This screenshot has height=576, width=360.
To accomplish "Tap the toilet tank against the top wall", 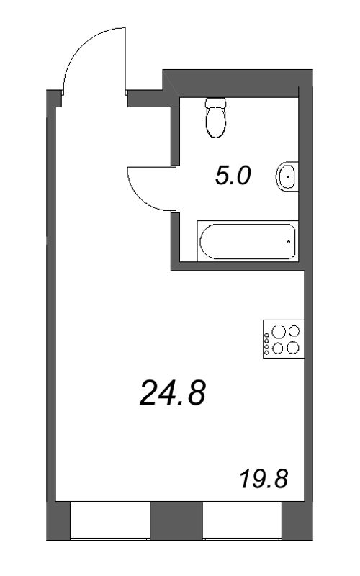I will tap(215, 103).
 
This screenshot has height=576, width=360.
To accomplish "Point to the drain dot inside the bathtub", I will tap(289, 242).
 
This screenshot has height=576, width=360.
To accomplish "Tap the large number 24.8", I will tap(173, 393).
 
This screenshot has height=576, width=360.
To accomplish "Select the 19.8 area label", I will tap(263, 478).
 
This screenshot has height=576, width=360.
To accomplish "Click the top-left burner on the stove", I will tap(277, 333).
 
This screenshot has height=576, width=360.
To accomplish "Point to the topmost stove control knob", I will tap(268, 334).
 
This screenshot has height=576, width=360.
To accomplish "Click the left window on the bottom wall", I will tap(109, 521).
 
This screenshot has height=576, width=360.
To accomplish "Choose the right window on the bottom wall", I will tap(241, 521).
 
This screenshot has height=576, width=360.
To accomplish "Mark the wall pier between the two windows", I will tap(176, 520).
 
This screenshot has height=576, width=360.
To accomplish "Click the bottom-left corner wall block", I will tap(58, 520).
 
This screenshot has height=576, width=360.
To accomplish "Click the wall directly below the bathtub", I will tap(238, 266).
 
